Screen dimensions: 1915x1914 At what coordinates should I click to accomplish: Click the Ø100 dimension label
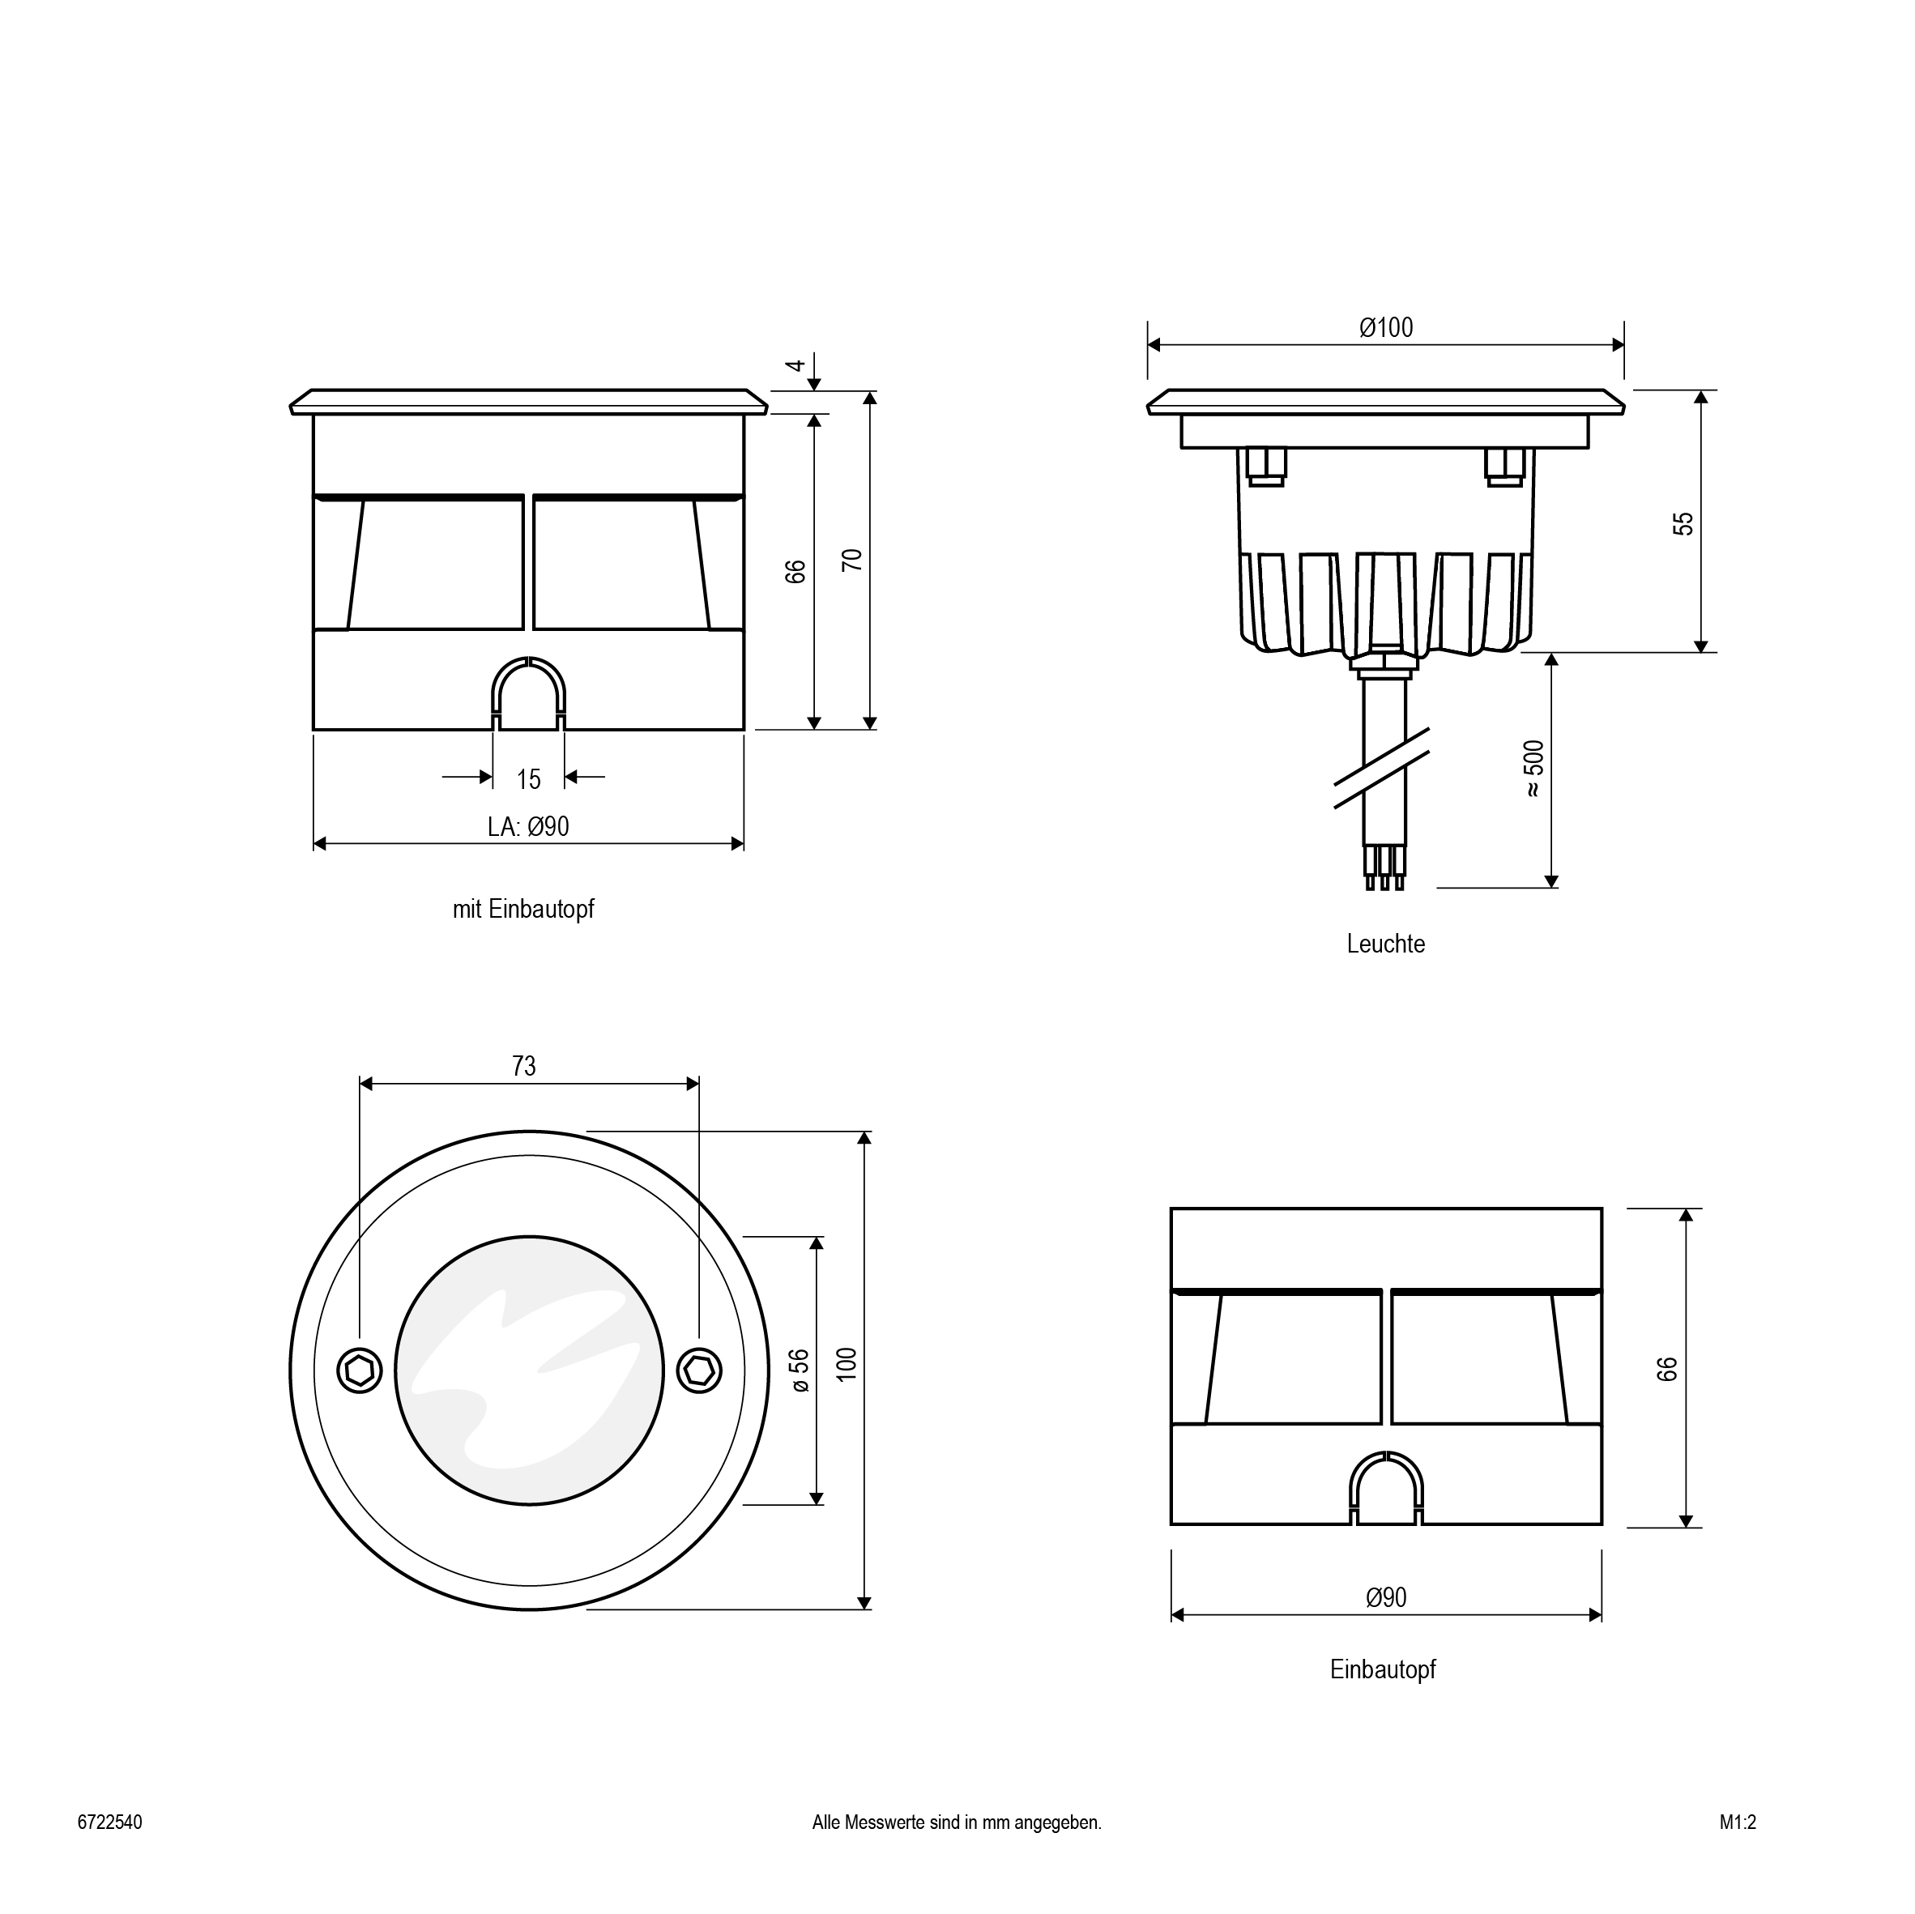[1386, 327]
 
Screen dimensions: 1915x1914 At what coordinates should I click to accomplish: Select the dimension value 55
[1683, 523]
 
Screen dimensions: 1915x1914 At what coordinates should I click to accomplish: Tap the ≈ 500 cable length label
[1533, 768]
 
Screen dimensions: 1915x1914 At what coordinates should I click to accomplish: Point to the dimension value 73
[523, 1065]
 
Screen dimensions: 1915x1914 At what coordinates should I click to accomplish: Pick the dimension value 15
[528, 779]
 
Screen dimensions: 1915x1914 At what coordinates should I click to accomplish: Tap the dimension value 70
[851, 559]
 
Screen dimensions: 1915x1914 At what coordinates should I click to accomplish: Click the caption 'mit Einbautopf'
[523, 909]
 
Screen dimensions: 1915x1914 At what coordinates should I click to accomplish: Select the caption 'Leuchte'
[1386, 944]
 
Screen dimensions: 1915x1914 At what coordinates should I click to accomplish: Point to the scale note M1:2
[1738, 1822]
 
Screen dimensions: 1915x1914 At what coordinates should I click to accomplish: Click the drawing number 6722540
[110, 1822]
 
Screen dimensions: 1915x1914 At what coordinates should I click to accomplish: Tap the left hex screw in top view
[360, 1370]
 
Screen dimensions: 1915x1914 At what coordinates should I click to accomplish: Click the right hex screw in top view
[699, 1370]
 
